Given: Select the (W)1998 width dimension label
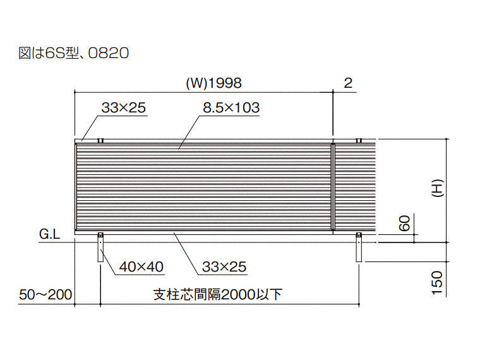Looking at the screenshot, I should click(x=214, y=83).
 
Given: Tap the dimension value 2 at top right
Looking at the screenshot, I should click(x=348, y=83).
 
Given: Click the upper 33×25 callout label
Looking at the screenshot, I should click(x=123, y=108).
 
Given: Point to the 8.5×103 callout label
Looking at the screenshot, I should click(x=231, y=108).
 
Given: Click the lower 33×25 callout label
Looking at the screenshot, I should click(x=224, y=267).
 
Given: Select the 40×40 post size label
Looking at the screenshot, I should click(x=141, y=267).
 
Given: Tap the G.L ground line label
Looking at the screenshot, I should click(x=49, y=236).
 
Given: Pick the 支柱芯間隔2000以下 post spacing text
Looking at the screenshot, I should click(x=218, y=294).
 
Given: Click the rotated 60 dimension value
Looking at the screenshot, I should click(x=405, y=222).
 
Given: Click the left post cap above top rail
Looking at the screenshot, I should click(x=100, y=140).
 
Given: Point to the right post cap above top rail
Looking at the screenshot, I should click(x=359, y=140).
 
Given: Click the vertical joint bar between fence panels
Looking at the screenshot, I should click(x=332, y=187).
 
